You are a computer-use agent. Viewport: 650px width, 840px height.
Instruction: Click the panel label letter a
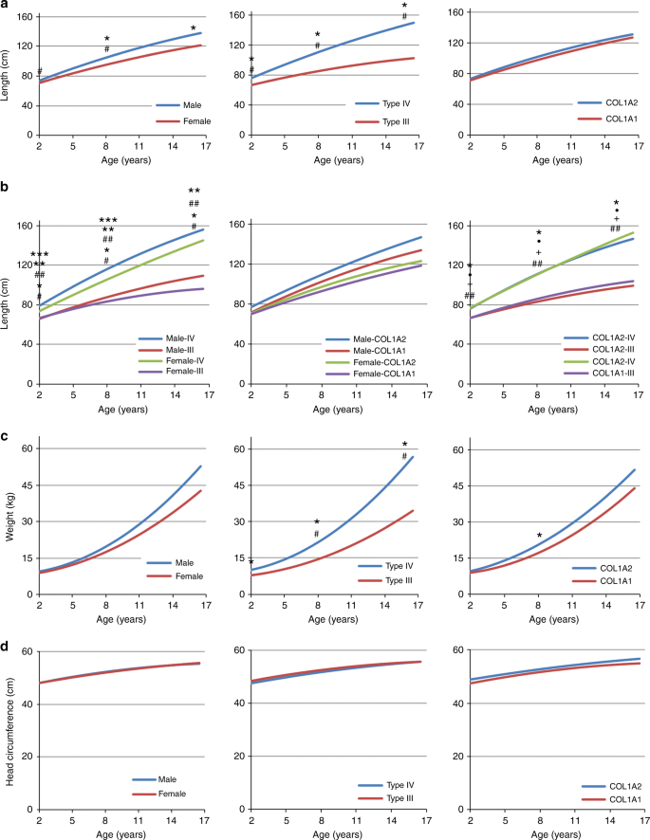pos(5,6)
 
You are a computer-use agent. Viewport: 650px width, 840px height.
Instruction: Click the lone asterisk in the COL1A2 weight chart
pos(540,537)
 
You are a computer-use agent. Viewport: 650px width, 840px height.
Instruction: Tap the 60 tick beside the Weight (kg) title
pos(28,449)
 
